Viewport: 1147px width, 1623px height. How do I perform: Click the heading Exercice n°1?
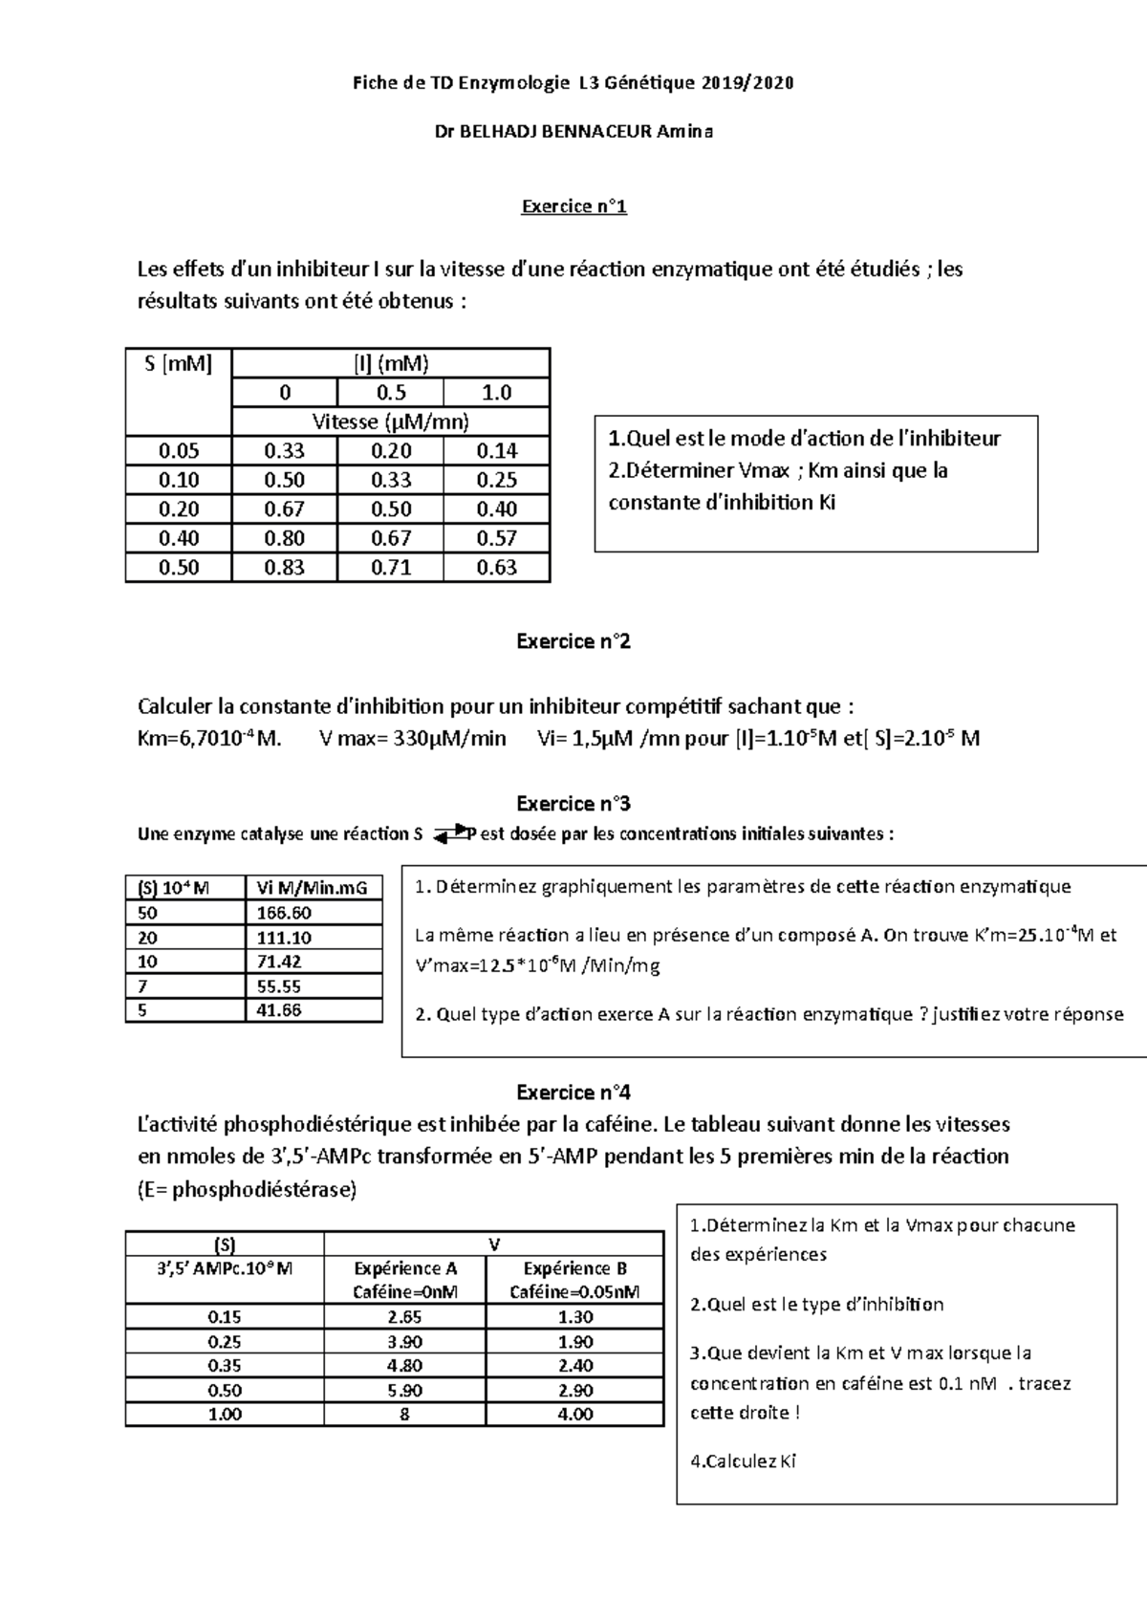pyautogui.click(x=573, y=206)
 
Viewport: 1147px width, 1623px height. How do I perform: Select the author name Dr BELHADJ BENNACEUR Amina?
pyautogui.click(x=573, y=132)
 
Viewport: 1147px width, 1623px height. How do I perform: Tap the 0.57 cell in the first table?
pyautogui.click(x=496, y=538)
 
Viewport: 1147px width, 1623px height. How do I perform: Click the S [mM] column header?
pyautogui.click(x=179, y=363)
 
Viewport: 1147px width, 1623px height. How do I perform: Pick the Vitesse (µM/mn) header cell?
pyautogui.click(x=390, y=422)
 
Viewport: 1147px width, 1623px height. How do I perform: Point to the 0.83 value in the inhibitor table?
pyautogui.click(x=284, y=568)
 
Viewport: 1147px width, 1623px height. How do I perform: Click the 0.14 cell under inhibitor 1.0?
pyautogui.click(x=496, y=451)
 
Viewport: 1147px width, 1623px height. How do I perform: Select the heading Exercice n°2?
pyautogui.click(x=573, y=641)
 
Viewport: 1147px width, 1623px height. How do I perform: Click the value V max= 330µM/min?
pyautogui.click(x=412, y=739)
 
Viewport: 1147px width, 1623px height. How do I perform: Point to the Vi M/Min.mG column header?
pyautogui.click(x=312, y=888)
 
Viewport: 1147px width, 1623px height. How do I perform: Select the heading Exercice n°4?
pyautogui.click(x=573, y=1093)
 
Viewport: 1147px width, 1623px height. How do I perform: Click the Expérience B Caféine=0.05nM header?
pyautogui.click(x=574, y=1280)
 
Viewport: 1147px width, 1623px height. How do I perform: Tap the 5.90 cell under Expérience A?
pyautogui.click(x=404, y=1391)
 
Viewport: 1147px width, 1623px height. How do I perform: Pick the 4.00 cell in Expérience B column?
pyautogui.click(x=574, y=1415)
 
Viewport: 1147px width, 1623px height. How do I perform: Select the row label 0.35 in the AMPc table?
pyautogui.click(x=225, y=1366)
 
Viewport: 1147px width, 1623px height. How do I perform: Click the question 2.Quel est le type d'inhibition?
pyautogui.click(x=816, y=1305)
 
